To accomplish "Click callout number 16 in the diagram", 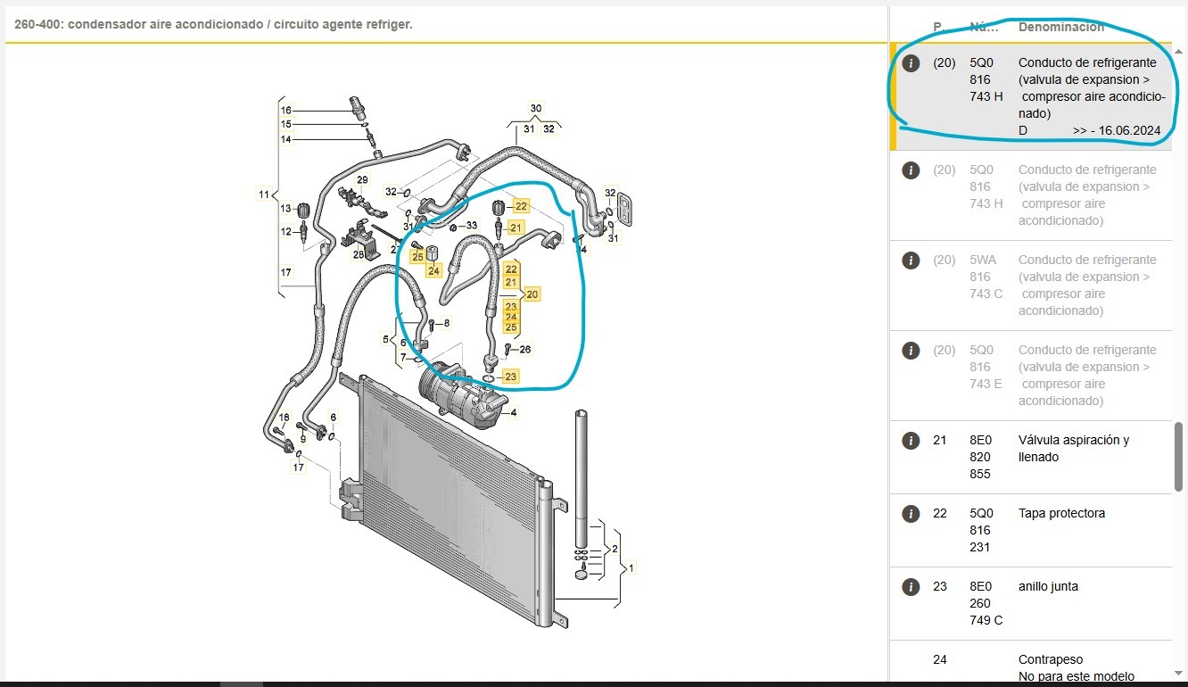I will coord(286,111).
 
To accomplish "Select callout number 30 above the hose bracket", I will coord(535,109).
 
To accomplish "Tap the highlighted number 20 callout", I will coord(532,294).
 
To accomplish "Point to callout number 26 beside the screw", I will coord(525,349).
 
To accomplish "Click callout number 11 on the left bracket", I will coord(264,195).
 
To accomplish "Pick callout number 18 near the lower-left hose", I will coord(285,418).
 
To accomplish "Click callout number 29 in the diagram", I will coord(362,180).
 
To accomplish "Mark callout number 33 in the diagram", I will coord(472,226).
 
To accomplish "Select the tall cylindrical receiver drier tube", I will coord(582,477).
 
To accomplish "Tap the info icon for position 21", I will coord(911,440).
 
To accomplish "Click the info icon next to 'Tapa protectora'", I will coord(911,513).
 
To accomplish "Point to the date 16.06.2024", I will coord(1129,130).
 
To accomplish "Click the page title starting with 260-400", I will coord(213,24).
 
